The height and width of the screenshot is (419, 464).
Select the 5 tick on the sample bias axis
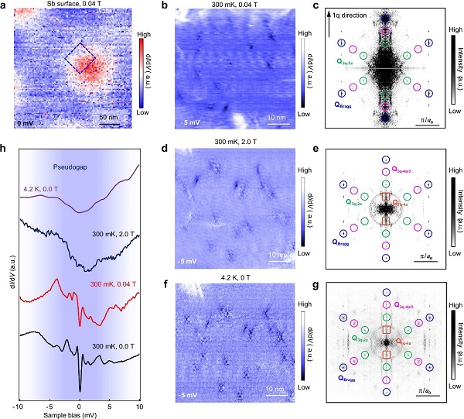pyautogui.click(x=108, y=404)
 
